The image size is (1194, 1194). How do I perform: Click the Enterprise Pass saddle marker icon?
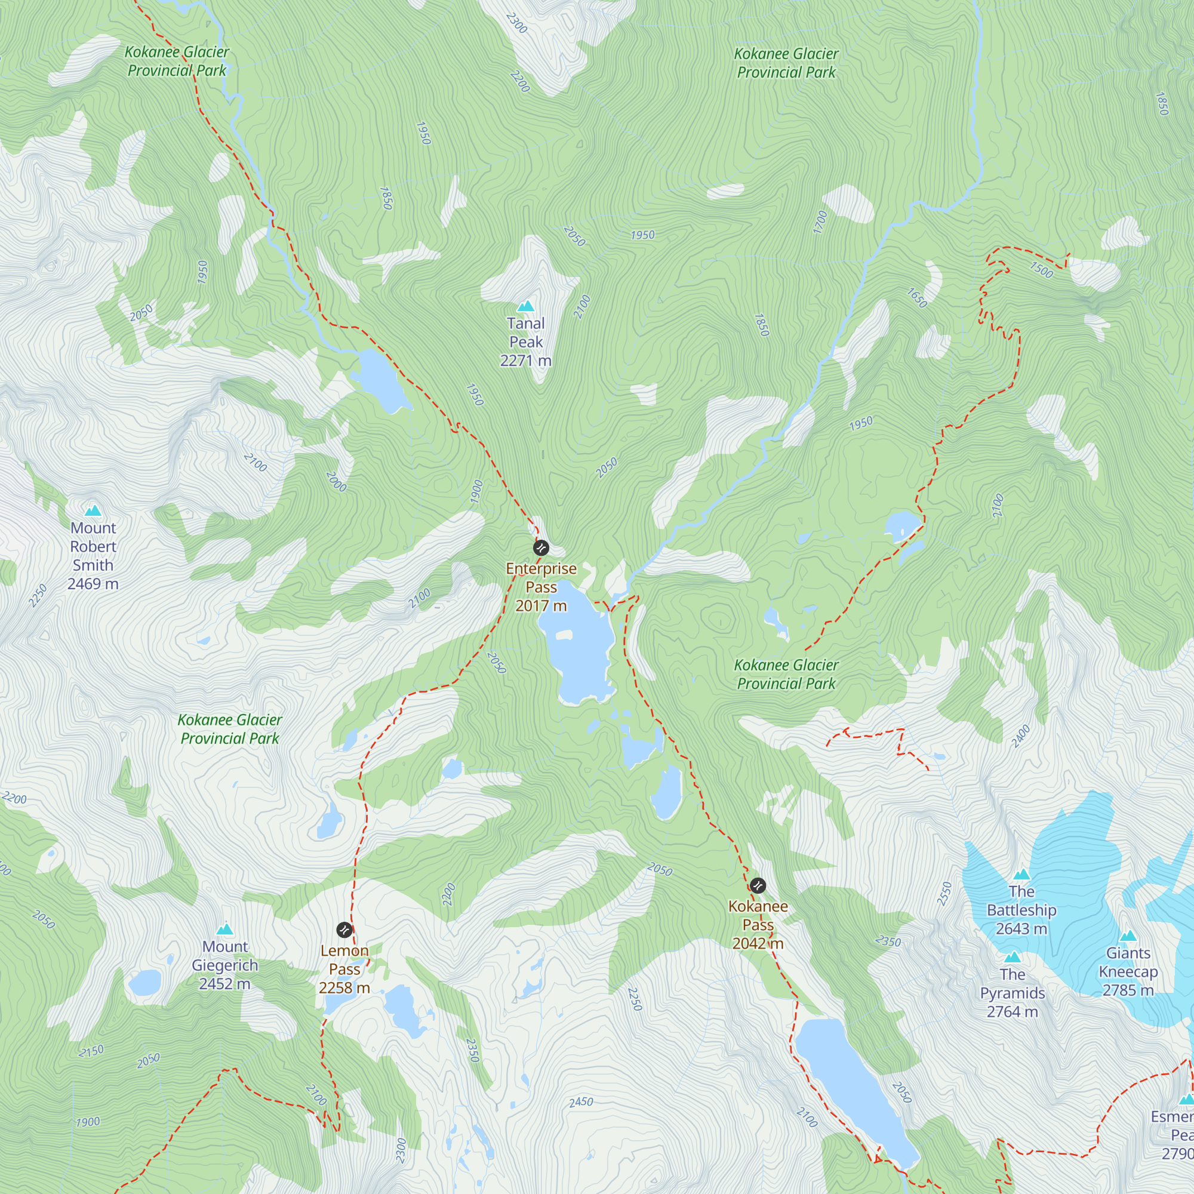(x=541, y=548)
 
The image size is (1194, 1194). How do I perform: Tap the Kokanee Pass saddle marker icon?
(x=758, y=885)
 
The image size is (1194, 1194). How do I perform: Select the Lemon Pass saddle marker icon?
(x=344, y=930)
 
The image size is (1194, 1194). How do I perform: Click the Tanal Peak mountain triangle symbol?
(x=526, y=306)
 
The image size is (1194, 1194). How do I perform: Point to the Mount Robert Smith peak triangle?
(x=93, y=510)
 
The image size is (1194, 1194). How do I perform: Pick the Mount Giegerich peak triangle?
(x=225, y=929)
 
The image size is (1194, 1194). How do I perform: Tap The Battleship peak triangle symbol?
(x=1021, y=875)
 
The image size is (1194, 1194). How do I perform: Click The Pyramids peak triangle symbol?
(x=1013, y=958)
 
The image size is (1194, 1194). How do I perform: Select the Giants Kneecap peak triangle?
(x=1128, y=935)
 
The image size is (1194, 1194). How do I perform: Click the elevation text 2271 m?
(x=526, y=361)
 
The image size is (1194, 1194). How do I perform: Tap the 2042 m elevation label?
(x=758, y=944)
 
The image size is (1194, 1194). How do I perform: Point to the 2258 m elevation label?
(x=344, y=988)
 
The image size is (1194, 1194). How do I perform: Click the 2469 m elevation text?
(x=93, y=583)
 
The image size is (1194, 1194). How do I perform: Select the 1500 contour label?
(x=1041, y=270)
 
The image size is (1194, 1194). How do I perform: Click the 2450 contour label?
(x=581, y=1102)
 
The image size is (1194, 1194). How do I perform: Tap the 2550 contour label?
(x=944, y=894)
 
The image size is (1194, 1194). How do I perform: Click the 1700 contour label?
(x=820, y=222)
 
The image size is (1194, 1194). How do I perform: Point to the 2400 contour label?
(x=1021, y=737)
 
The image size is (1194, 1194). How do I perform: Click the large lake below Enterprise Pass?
(x=578, y=649)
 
